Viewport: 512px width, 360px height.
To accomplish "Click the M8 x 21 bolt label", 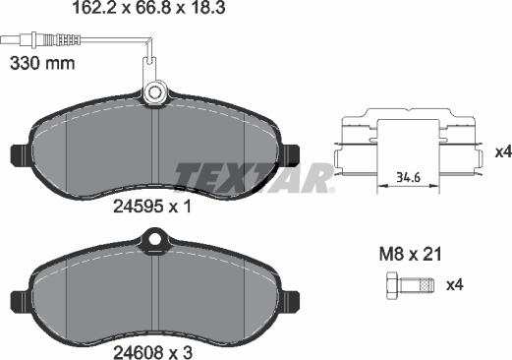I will [x=410, y=255].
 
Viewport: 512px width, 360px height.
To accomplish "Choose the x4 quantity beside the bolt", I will [x=454, y=286].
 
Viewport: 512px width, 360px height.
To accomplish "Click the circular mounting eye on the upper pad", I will [x=154, y=93].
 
